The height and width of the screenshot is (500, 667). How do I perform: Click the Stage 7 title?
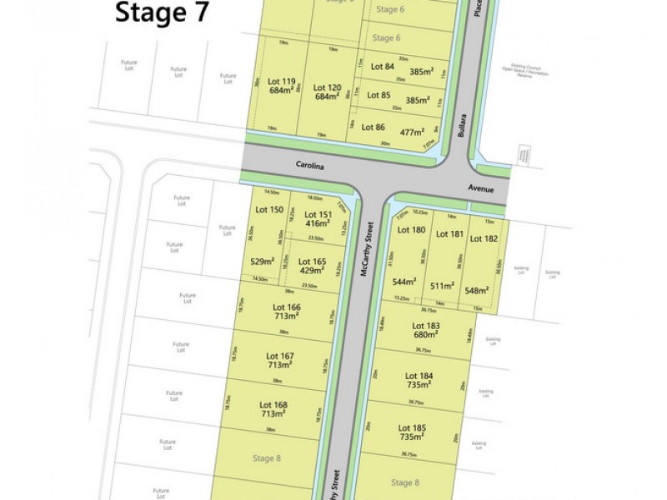click(x=162, y=13)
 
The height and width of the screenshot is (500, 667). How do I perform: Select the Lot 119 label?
click(x=282, y=82)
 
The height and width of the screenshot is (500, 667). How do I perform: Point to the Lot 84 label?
click(x=382, y=67)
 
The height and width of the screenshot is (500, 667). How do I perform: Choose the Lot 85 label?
click(x=379, y=95)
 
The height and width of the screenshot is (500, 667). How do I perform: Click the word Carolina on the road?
click(x=308, y=165)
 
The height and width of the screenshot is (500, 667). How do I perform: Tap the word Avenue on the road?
click(x=481, y=189)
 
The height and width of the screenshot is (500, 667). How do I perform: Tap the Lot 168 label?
click(x=274, y=404)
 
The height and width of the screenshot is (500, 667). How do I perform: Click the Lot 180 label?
click(x=411, y=230)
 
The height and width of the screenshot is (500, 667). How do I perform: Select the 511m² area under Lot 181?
click(x=442, y=286)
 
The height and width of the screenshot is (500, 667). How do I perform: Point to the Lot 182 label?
click(x=484, y=238)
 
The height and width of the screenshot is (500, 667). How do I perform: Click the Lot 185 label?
click(x=413, y=427)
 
